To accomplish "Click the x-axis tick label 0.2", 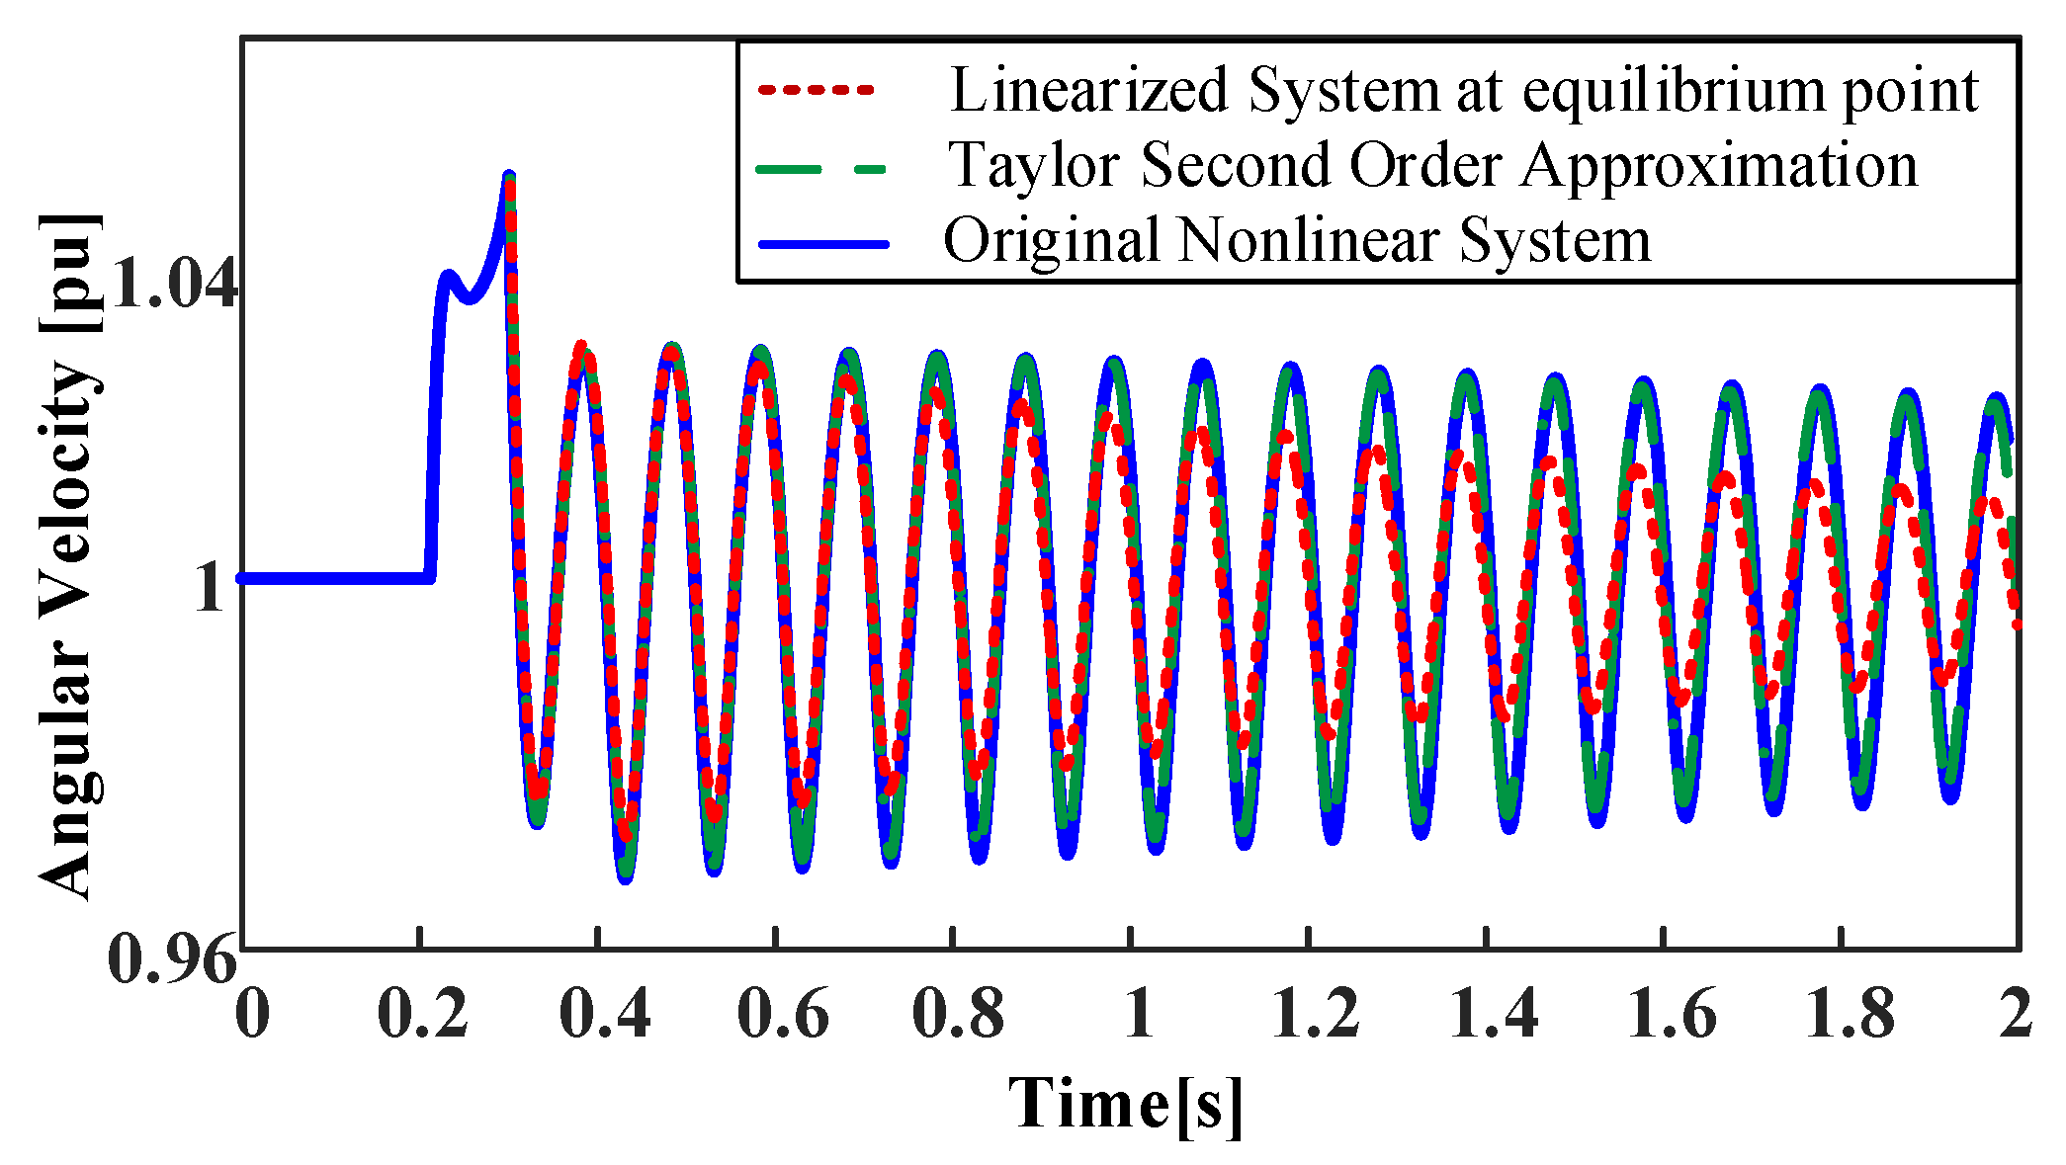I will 423,1015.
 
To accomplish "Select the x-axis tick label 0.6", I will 782,1015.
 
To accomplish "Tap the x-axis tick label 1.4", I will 1494,1015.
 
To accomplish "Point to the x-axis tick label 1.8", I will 1850,1015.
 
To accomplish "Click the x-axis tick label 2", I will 2015,1015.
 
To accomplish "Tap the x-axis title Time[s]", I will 1125,1105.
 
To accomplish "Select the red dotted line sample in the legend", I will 817,90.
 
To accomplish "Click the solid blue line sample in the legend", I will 822,243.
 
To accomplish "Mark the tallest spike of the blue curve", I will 509,178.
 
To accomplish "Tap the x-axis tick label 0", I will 253,1015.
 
